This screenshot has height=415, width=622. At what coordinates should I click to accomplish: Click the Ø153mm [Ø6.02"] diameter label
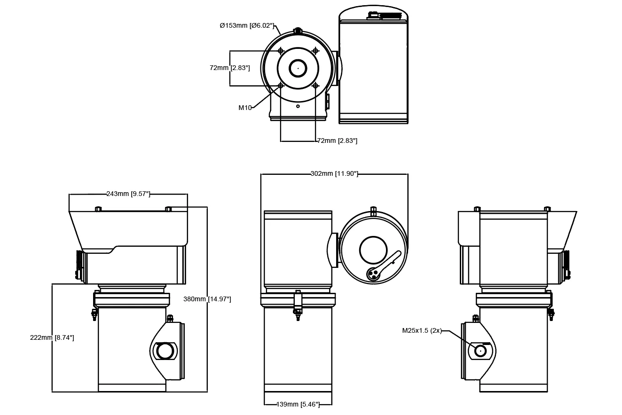(x=247, y=25)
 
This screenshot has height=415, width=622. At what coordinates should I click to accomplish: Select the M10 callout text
(x=245, y=108)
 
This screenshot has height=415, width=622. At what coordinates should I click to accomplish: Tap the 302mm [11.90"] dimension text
(x=334, y=174)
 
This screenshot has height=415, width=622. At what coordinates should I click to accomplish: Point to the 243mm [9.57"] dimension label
(x=128, y=194)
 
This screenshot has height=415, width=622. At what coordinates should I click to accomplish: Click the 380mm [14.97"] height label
(x=207, y=299)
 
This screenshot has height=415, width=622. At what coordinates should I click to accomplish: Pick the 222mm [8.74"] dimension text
(x=52, y=337)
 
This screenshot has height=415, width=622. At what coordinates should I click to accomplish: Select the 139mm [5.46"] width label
(x=298, y=404)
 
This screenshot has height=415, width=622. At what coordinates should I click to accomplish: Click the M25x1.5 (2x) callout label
(x=422, y=330)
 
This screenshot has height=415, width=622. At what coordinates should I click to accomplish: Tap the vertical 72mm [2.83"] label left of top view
(x=229, y=68)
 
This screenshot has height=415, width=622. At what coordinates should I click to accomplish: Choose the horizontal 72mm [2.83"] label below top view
(x=337, y=141)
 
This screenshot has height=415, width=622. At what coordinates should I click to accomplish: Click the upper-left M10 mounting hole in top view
(x=281, y=50)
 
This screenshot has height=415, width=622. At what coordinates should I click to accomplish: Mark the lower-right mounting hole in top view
(x=315, y=86)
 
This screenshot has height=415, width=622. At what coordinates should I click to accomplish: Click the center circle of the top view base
(x=298, y=68)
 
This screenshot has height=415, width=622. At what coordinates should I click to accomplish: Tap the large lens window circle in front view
(x=373, y=250)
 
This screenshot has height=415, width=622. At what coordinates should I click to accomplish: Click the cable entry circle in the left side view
(x=165, y=351)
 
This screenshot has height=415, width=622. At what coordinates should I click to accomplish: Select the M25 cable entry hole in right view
(x=480, y=351)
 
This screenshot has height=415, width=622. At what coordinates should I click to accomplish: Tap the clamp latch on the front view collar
(x=298, y=303)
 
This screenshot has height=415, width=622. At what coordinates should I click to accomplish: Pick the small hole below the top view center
(x=298, y=106)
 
